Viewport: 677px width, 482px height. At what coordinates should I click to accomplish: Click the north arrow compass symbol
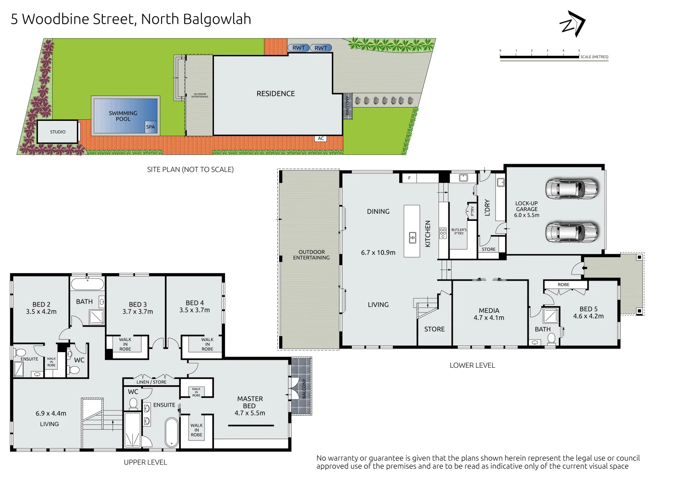[573, 24]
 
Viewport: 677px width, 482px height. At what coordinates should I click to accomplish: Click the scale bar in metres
[540, 57]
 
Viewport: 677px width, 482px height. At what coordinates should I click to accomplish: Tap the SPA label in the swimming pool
[150, 127]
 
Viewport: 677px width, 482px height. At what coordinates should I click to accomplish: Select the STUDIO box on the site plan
[58, 132]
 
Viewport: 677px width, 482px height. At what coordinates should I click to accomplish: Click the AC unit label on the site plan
[321, 139]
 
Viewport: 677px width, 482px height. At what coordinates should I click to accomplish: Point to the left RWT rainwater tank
[298, 48]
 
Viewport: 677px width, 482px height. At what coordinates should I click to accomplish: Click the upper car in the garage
[571, 189]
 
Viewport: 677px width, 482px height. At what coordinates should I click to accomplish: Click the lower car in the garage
[571, 232]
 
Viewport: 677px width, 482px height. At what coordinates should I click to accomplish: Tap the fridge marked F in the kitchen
[409, 178]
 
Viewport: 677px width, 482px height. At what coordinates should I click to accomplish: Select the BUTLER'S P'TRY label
[459, 232]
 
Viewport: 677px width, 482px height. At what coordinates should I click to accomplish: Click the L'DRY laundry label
[487, 208]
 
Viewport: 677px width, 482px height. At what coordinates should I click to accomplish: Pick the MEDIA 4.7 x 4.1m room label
[489, 314]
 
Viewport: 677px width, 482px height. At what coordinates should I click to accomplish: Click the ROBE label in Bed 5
[564, 285]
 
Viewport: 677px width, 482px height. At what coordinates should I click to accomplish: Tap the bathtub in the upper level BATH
[88, 283]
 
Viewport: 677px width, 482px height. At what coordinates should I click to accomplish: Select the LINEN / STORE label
[151, 382]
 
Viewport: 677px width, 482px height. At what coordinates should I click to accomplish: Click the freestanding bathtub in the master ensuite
[171, 432]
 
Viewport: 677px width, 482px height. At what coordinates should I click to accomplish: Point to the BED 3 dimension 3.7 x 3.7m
[138, 312]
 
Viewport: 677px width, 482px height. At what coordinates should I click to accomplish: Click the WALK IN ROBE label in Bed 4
[207, 344]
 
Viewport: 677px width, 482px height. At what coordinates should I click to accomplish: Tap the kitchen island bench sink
[413, 237]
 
